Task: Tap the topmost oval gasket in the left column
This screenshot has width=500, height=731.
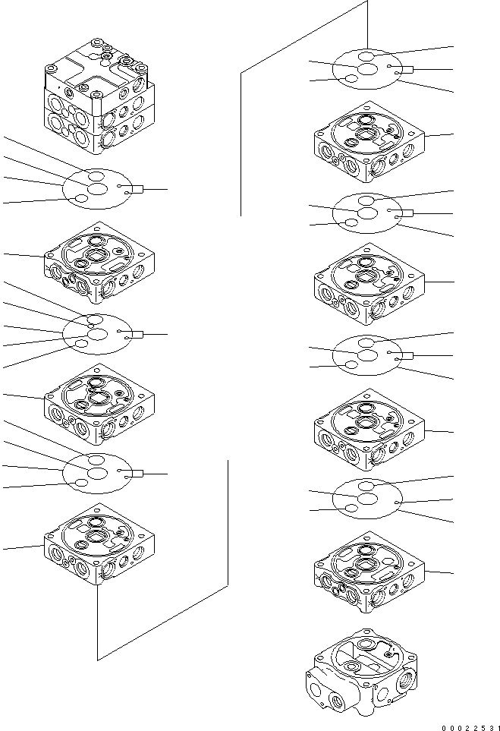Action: pos(98,189)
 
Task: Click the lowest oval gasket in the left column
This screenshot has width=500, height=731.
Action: pos(98,474)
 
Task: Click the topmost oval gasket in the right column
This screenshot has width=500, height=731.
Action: pos(369,69)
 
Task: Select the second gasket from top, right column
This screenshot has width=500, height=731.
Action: pos(369,213)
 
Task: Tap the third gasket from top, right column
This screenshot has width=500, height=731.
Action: pos(369,354)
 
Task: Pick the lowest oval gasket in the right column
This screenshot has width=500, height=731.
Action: pos(369,499)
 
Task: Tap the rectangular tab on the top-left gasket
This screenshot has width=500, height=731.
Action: pos(136,189)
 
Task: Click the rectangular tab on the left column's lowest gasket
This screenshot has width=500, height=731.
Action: pos(136,474)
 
